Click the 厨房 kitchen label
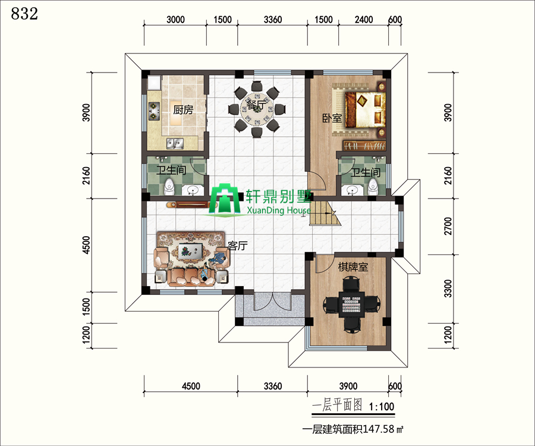(183, 109)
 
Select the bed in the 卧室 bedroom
(365, 109)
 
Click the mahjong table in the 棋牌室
(351, 304)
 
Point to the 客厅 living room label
(237, 246)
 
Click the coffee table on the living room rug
(190, 251)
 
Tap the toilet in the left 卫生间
(169, 187)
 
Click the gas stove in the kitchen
(154, 111)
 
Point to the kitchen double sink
(175, 143)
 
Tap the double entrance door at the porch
(272, 301)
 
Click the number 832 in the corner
(24, 14)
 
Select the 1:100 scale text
(382, 406)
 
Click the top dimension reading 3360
(273, 20)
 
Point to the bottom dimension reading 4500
(191, 386)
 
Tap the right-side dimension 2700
(448, 226)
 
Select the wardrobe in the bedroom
(364, 146)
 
